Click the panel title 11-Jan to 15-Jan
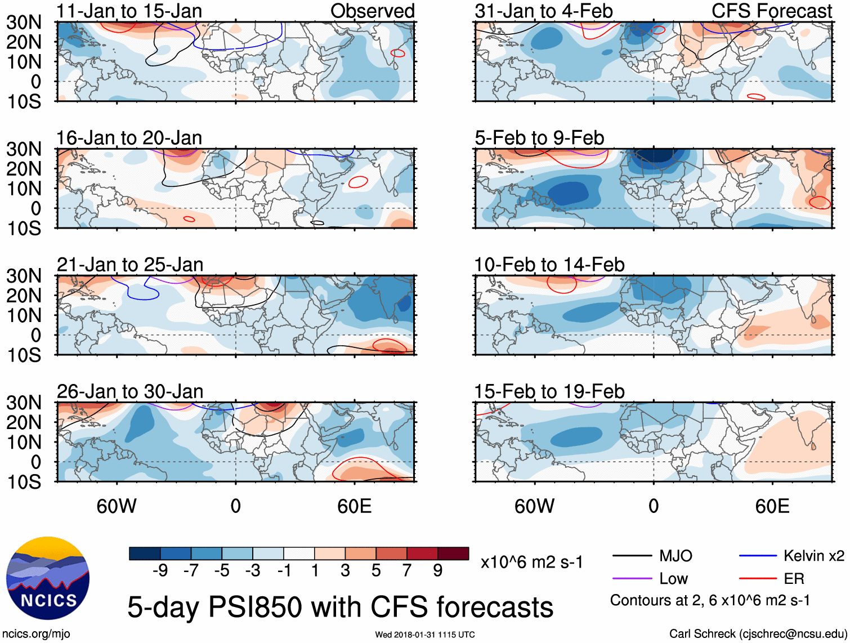(x=129, y=11)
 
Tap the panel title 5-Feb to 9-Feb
(x=539, y=138)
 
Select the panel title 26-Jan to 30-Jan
(x=129, y=391)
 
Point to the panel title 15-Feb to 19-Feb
(x=549, y=391)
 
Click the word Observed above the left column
(x=372, y=11)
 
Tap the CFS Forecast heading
(x=772, y=11)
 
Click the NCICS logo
(x=48, y=578)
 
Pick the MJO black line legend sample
(x=632, y=556)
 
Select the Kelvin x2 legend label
(x=813, y=556)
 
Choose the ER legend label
(x=794, y=579)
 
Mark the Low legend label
(x=673, y=579)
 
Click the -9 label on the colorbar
(x=160, y=571)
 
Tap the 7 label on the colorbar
(x=407, y=571)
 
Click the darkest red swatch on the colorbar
(x=453, y=553)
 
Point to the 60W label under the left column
(x=117, y=506)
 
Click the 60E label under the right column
(x=772, y=506)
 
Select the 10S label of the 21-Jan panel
(x=24, y=355)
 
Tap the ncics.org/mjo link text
(x=36, y=634)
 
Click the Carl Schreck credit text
(x=758, y=634)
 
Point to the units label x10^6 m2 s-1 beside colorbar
(x=531, y=562)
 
